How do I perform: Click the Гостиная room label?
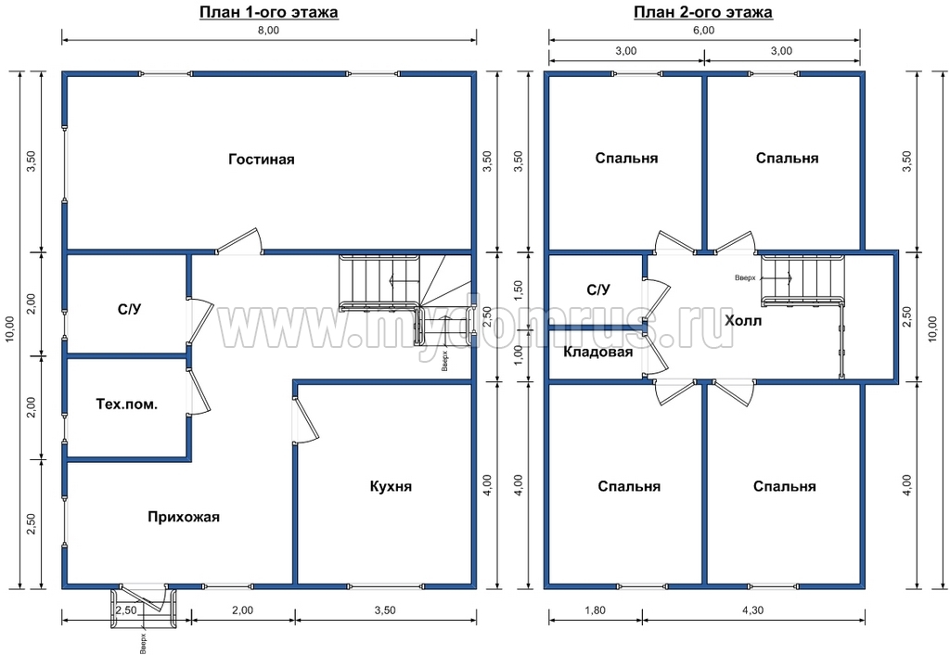(261, 160)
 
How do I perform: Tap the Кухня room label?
(391, 486)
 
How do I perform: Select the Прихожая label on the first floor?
(184, 517)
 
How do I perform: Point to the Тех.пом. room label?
(126, 405)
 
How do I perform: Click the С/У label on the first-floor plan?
(129, 310)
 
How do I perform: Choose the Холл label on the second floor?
(743, 320)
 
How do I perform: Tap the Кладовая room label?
(598, 352)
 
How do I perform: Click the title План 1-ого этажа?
(269, 12)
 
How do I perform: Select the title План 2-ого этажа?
(703, 12)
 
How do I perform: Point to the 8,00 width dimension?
(268, 31)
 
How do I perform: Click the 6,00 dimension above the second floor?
(703, 31)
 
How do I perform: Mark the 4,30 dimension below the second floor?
(752, 610)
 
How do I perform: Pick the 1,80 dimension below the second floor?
(595, 610)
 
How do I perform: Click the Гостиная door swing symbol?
(239, 240)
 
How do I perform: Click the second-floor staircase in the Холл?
(802, 280)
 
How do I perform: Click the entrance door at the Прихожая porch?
(144, 597)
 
